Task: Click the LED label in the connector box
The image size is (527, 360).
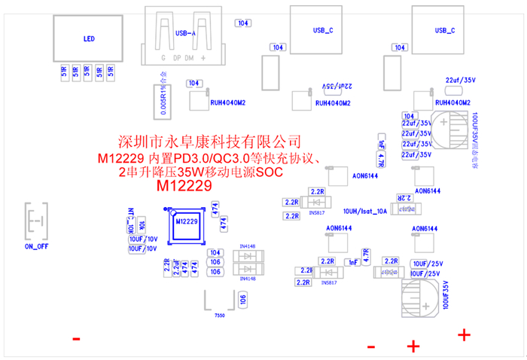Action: coord(89,38)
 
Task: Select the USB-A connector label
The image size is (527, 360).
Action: coord(185,33)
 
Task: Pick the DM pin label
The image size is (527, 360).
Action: coord(190,57)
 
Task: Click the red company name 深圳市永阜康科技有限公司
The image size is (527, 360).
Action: coord(210,141)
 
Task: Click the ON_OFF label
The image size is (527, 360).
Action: coord(35,246)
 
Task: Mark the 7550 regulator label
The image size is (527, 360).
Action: coord(220,314)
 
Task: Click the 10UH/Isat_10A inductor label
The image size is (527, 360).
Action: coord(364,212)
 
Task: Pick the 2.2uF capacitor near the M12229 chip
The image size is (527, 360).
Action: coord(175,267)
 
